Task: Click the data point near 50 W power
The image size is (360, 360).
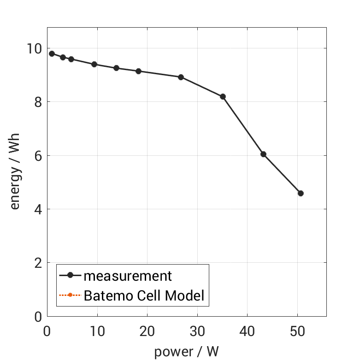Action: coord(301,193)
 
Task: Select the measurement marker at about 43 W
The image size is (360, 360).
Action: coord(263,154)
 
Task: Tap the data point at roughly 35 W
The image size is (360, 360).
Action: coord(223,96)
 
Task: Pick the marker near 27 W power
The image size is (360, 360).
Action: coord(181,77)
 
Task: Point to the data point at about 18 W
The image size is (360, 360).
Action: coord(138,71)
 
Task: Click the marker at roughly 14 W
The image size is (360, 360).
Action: coord(116,68)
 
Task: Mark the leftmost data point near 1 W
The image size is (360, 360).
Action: coord(52,53)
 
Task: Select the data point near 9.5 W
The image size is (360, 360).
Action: coord(94,64)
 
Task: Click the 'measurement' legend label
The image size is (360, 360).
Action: coord(128,276)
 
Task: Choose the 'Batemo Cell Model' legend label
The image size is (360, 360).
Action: coord(144,295)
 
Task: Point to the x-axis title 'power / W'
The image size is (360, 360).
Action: coord(186,352)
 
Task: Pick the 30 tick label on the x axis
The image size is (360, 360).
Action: coord(197,330)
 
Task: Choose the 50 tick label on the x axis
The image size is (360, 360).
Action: coord(297,330)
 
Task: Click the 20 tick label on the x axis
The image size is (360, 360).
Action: coord(147,330)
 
